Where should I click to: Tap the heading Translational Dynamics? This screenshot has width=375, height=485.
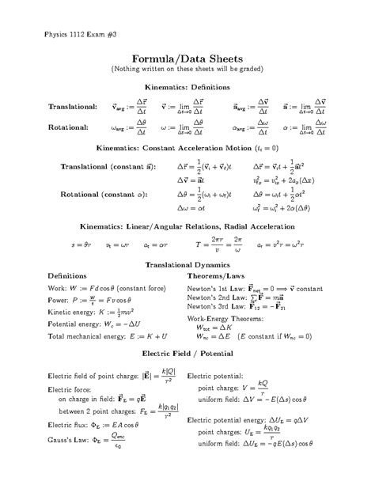(187, 263)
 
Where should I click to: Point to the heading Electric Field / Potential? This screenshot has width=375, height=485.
(187, 350)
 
